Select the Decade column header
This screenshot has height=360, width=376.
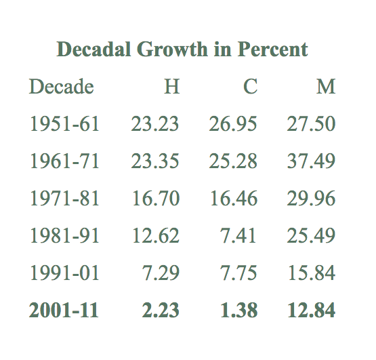[x=61, y=87]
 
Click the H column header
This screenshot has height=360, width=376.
[x=172, y=87]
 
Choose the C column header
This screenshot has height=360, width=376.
[x=250, y=87]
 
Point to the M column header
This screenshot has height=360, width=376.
[x=326, y=87]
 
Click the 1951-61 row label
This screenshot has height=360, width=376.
[x=64, y=124]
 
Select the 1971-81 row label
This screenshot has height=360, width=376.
[x=64, y=199]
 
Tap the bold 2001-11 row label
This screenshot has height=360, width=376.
[x=64, y=310]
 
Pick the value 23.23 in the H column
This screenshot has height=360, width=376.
[x=155, y=124]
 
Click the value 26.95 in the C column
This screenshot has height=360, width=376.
[x=233, y=124]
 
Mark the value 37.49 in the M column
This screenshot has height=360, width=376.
[x=311, y=161]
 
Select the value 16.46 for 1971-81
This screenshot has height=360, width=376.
[x=233, y=199]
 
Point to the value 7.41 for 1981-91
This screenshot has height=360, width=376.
[x=238, y=235]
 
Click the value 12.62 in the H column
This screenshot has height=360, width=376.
[x=155, y=235]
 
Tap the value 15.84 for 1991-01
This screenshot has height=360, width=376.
[x=311, y=273]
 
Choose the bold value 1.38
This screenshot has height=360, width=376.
[x=238, y=310]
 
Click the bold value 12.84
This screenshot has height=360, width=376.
[x=311, y=310]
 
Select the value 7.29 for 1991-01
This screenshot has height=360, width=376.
[x=161, y=273]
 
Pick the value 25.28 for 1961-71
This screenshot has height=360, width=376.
[x=233, y=161]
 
